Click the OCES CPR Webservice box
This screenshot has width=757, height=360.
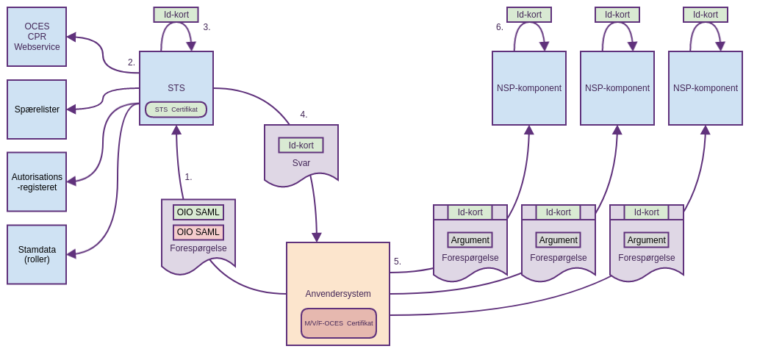coord(37,37)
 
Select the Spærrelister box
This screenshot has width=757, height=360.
coord(37,109)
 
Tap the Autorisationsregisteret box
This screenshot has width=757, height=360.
coord(37,181)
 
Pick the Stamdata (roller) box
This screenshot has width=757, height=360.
coord(37,254)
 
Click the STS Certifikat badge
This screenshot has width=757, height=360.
coord(176,109)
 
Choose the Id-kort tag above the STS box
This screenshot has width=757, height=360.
coord(176,15)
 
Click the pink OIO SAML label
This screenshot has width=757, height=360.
coord(198,232)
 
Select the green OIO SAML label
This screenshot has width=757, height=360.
coord(198,212)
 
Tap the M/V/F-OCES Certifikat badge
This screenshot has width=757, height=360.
coord(339,323)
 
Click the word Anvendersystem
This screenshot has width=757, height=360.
coord(338,294)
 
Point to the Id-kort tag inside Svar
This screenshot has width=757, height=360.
coord(301,145)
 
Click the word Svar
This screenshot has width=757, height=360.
coord(301,163)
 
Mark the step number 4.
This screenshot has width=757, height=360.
coord(304,115)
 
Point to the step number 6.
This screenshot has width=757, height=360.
coord(500,27)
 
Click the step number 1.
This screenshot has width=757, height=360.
coord(188,177)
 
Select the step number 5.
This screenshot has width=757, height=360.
coord(398,262)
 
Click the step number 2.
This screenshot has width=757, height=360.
coord(132,62)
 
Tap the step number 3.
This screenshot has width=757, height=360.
coord(207,27)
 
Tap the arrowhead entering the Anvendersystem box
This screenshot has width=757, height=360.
coord(317,237)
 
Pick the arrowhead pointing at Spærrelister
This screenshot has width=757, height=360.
coord(71,109)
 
